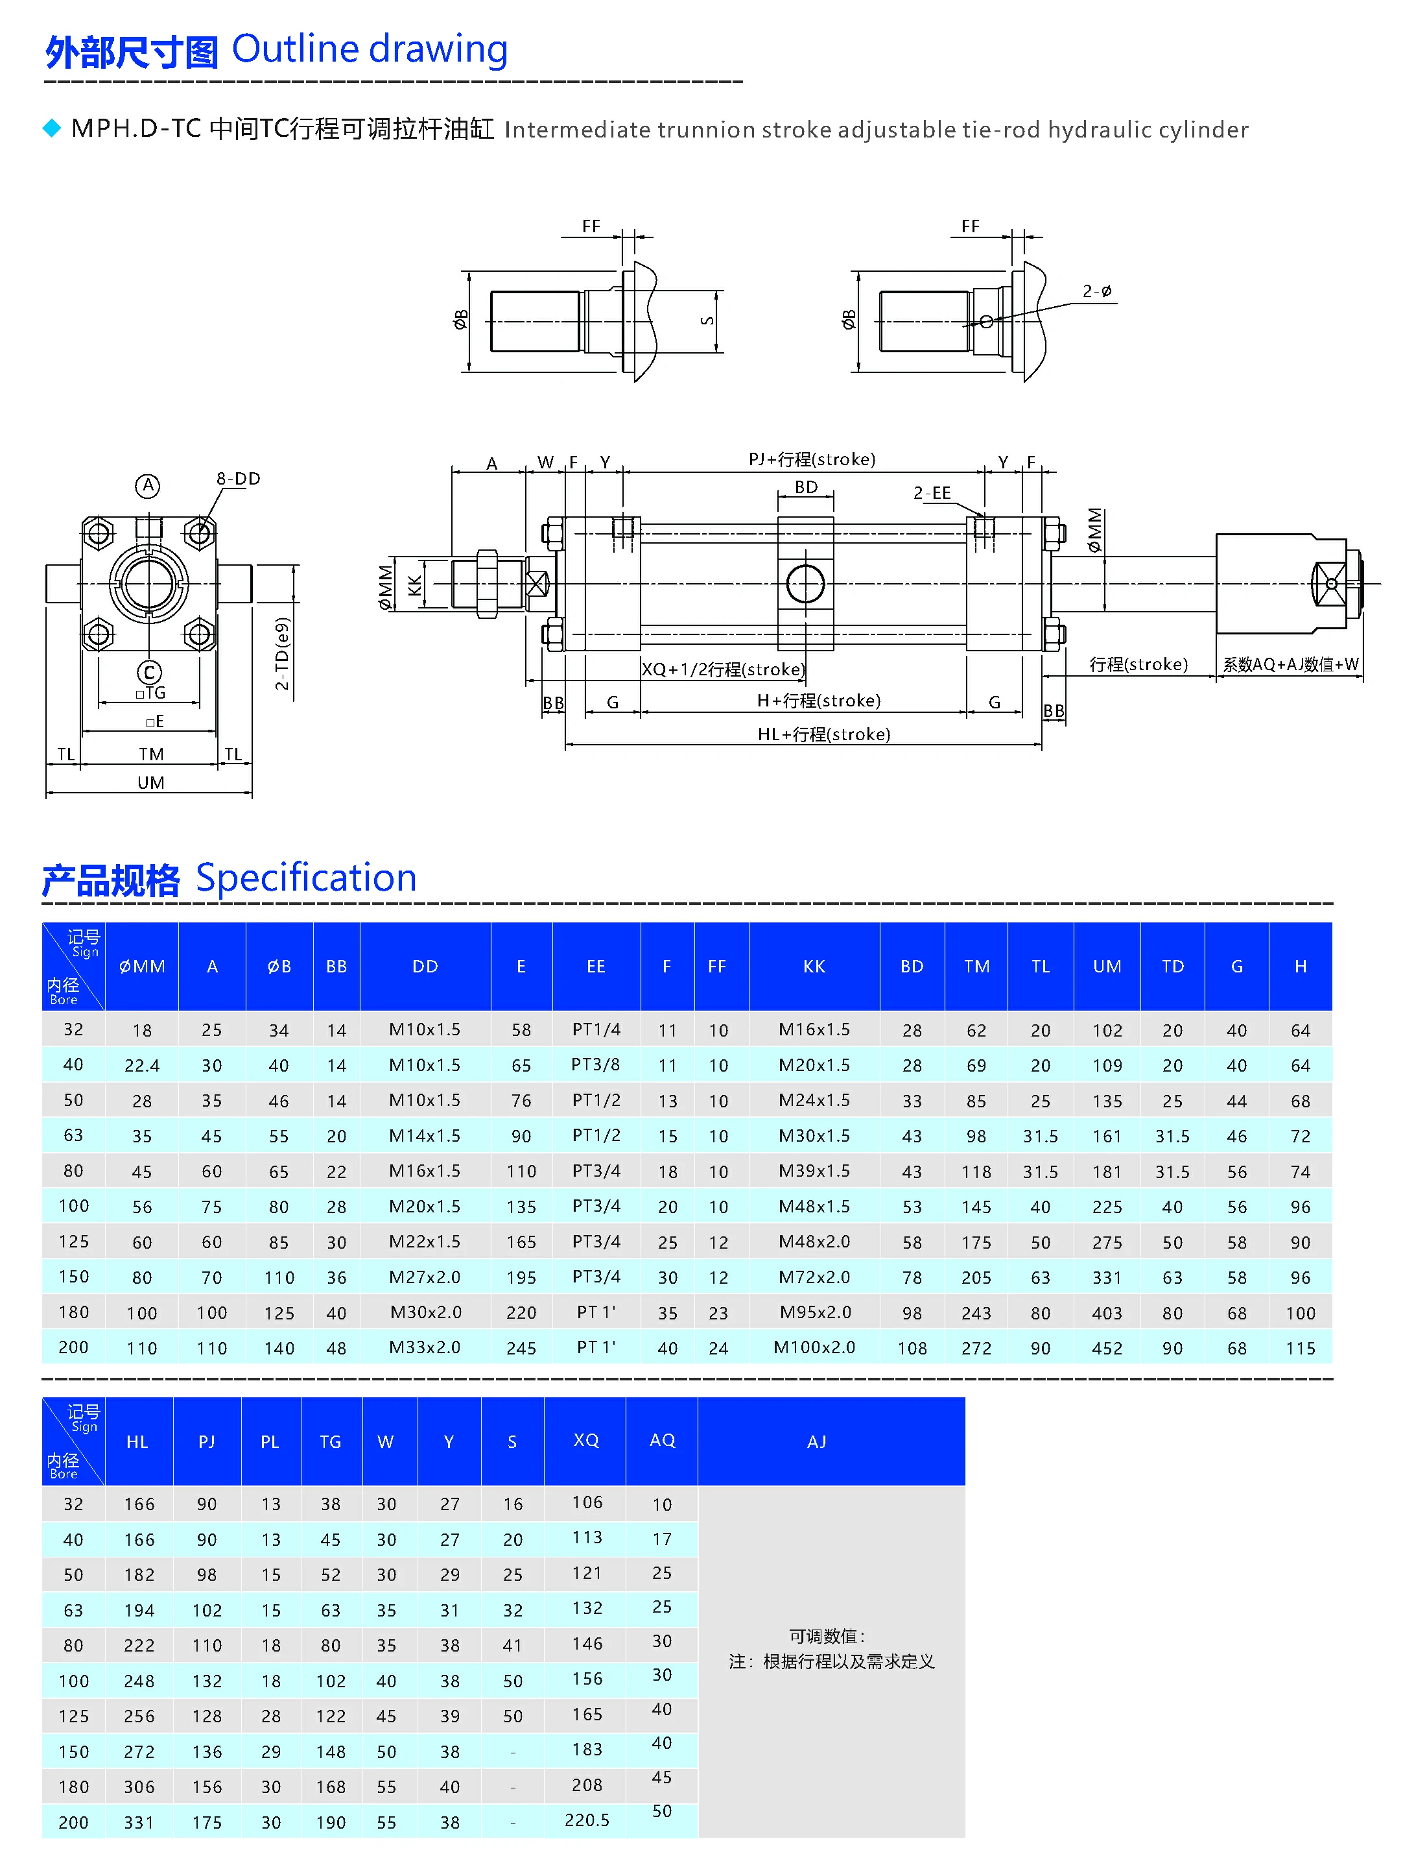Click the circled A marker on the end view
click(x=148, y=485)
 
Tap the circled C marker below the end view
click(x=149, y=673)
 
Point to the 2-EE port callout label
click(x=932, y=493)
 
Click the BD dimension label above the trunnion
click(x=805, y=487)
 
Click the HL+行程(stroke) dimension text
click(x=823, y=734)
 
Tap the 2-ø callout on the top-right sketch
click(x=1097, y=291)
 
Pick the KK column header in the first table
click(x=814, y=966)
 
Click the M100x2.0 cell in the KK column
click(x=814, y=1347)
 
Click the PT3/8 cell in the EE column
click(x=595, y=1064)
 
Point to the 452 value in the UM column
click(x=1106, y=1347)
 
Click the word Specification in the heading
click(x=306, y=877)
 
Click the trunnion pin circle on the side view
click(x=805, y=584)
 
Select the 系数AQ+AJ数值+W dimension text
click(x=1290, y=664)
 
